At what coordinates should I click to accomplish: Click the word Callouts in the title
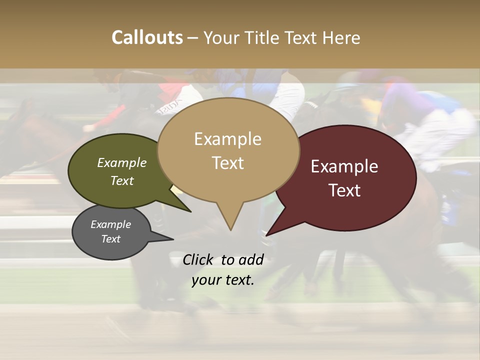147,38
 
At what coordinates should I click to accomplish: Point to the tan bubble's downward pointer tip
230,229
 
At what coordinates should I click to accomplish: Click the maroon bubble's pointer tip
267,235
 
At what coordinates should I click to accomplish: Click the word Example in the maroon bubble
344,167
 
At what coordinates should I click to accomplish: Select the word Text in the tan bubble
228,163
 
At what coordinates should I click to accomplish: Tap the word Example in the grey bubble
110,225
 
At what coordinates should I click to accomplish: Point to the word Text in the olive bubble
122,181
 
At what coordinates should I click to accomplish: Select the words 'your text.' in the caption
223,280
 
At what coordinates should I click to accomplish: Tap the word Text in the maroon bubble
345,191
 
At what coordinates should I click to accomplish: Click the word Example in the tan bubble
227,139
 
